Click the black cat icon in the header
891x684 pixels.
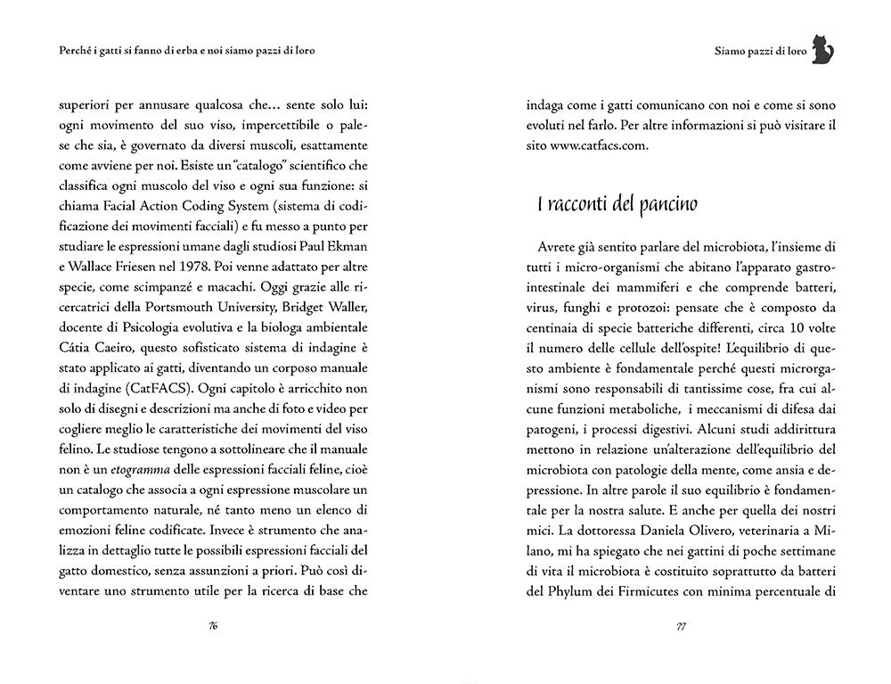(x=826, y=52)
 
